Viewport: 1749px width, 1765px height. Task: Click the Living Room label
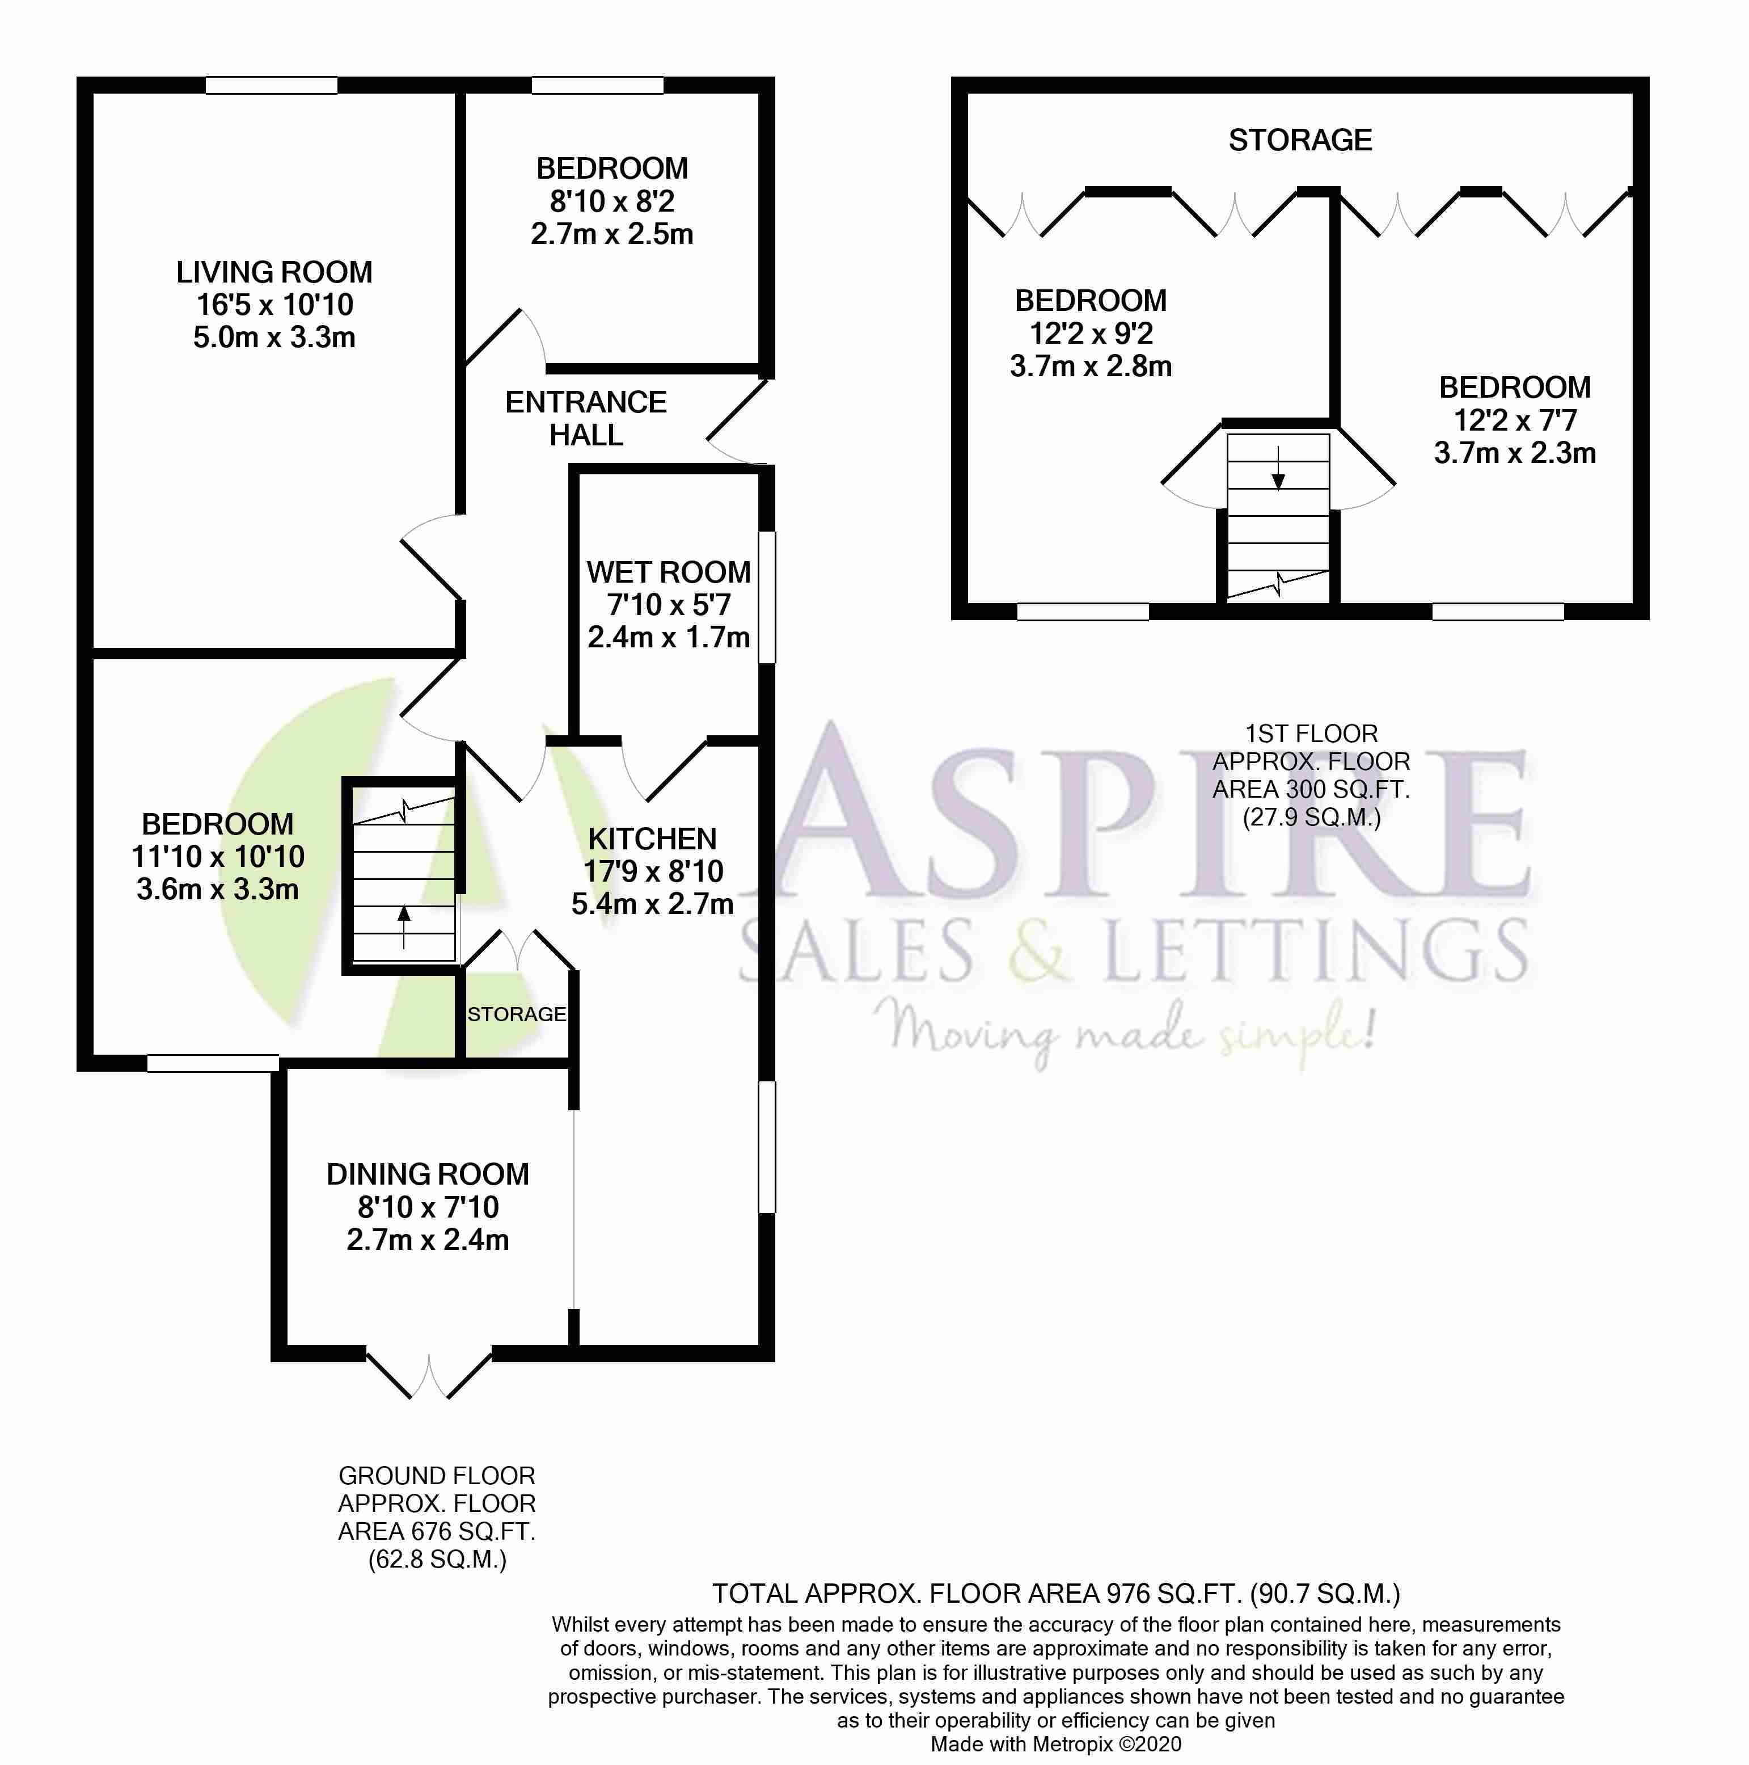click(x=274, y=272)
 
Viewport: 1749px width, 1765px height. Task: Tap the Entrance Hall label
click(x=585, y=418)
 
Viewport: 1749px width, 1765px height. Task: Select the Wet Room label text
click(x=669, y=573)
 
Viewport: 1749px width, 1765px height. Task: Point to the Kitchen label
click(x=652, y=839)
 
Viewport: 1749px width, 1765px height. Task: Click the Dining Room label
click(x=428, y=1174)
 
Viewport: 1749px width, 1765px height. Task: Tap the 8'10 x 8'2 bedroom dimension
click(x=612, y=201)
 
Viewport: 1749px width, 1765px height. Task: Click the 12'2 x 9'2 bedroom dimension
click(x=1091, y=334)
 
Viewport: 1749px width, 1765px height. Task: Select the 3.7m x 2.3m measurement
click(x=1514, y=453)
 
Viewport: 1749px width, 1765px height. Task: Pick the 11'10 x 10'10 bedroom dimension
click(x=217, y=857)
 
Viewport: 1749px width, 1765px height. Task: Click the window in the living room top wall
click(x=271, y=86)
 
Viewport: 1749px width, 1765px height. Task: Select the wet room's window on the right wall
click(x=767, y=596)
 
